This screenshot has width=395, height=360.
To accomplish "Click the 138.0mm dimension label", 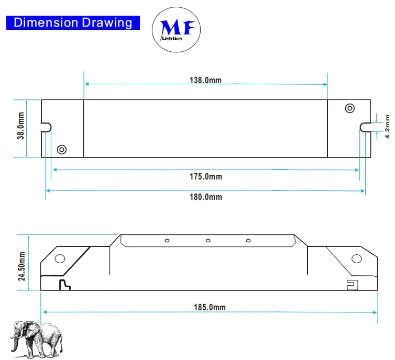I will click(205, 80).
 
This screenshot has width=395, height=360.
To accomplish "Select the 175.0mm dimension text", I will click(205, 176).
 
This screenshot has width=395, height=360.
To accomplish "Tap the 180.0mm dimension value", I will click(205, 197).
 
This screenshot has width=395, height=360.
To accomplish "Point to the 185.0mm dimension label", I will click(209, 307).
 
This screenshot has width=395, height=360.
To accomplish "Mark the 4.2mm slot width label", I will click(387, 127).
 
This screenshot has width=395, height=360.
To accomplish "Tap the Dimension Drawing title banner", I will click(73, 22).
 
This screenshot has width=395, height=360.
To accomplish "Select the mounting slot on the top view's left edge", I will click(47, 127).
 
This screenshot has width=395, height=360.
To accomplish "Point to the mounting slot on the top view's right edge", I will click(365, 127).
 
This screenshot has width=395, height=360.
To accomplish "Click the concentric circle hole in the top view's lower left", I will click(61, 149).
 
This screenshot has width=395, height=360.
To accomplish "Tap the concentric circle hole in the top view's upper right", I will click(349, 108).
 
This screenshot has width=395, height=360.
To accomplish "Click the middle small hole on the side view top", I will click(208, 241).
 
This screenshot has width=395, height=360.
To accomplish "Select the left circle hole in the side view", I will click(60, 258).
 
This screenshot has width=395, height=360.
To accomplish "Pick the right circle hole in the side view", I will click(356, 258).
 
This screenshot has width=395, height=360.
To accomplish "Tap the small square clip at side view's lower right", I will click(352, 284).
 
